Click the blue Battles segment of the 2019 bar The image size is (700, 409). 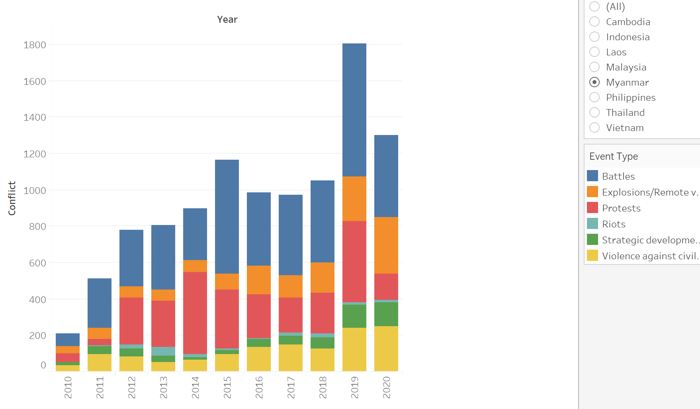point(354,110)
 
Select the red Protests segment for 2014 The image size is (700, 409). point(195,313)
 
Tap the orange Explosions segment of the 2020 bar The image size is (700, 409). point(386,245)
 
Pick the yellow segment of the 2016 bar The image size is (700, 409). point(259,359)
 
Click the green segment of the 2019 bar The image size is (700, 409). point(354,316)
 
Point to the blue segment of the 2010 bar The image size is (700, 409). point(68,340)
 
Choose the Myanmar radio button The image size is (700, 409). point(594,82)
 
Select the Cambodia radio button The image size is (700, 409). point(594,22)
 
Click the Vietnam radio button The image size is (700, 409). point(594,128)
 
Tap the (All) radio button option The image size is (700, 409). point(594,7)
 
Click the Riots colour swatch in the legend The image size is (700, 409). point(592,224)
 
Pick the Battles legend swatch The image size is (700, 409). point(592,176)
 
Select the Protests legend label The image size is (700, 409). point(621,208)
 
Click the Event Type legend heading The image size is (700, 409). point(614,157)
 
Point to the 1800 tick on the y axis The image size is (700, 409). point(35,45)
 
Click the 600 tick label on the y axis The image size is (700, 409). point(37,263)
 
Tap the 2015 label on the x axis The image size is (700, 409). point(227,387)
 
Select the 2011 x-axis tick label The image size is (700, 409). point(100,387)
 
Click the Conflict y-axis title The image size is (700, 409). point(12,198)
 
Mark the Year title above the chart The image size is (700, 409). point(227,20)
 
